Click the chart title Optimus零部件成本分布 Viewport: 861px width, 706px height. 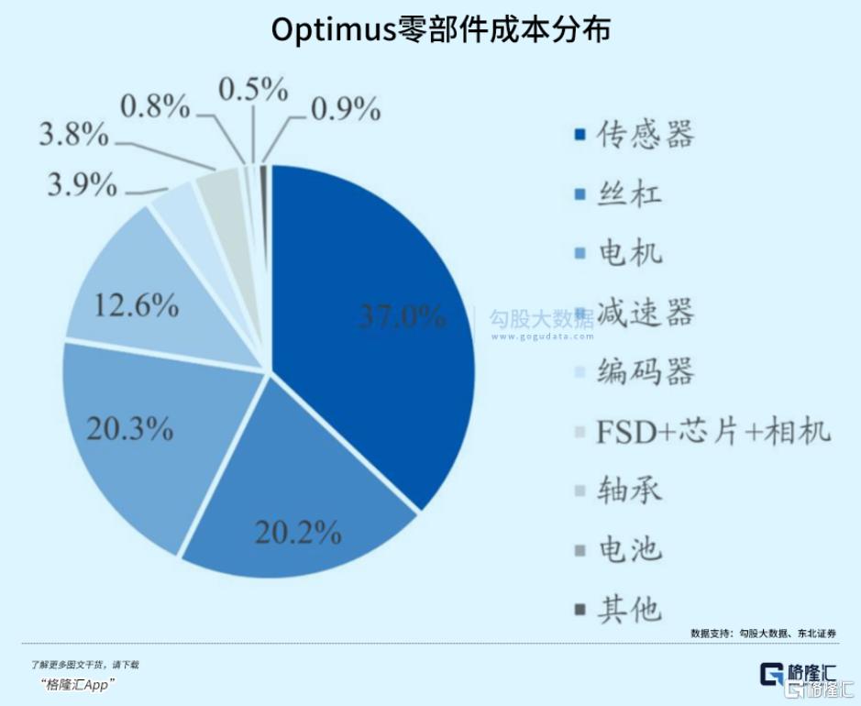pyautogui.click(x=440, y=29)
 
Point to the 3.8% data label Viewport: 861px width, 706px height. pyautogui.click(x=73, y=137)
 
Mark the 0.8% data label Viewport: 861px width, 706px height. pyautogui.click(x=156, y=107)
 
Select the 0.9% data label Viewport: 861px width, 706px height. pyautogui.click(x=346, y=109)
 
